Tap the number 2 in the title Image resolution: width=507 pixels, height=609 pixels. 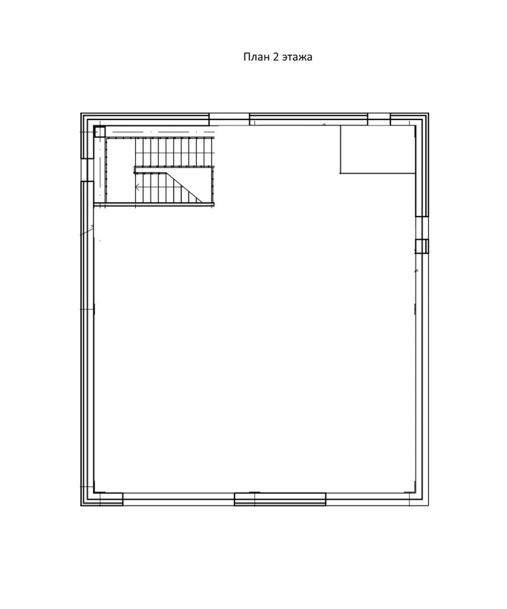pyautogui.click(x=276, y=57)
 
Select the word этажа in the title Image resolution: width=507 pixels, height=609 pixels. pyautogui.click(x=297, y=57)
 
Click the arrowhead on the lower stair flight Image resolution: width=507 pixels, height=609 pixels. pyautogui.click(x=137, y=187)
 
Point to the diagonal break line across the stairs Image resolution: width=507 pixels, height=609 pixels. pyautogui.click(x=184, y=187)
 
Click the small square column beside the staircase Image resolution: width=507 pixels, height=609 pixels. pyautogui.click(x=100, y=131)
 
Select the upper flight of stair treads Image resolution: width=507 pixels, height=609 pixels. pyautogui.click(x=174, y=152)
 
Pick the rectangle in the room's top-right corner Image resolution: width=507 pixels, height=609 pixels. pyautogui.click(x=377, y=150)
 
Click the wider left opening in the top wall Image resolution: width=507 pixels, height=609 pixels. pyautogui.click(x=229, y=120)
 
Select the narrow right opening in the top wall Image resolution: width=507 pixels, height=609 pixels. pyautogui.click(x=379, y=120)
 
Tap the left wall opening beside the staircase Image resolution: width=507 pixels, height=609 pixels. pyautogui.click(x=87, y=170)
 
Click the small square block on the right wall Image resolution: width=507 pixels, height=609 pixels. pyautogui.click(x=422, y=246)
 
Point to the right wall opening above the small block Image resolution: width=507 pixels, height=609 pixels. pyautogui.click(x=422, y=228)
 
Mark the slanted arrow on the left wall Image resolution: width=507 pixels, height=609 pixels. pyautogui.click(x=87, y=230)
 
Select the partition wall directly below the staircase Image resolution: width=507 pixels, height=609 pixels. pyautogui.click(x=154, y=205)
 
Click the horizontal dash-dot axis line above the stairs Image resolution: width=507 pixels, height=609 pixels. pyautogui.click(x=164, y=132)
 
